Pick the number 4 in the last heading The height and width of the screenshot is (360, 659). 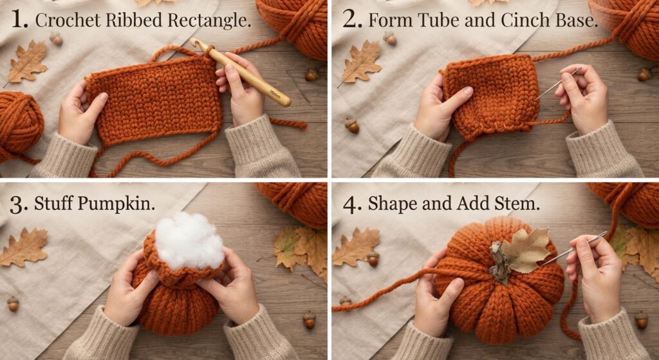coord(351,204)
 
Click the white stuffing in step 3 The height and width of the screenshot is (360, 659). coord(190,241)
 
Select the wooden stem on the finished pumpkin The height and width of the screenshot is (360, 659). coord(499,263)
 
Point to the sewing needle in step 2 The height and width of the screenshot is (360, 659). coord(558,83)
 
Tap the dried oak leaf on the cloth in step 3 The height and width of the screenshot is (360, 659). coord(24,247)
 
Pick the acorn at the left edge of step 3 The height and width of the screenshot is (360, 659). coord(13,303)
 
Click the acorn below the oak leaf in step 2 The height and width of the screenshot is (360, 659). coord(352,125)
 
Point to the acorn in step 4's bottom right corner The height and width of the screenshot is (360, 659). coord(641,319)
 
